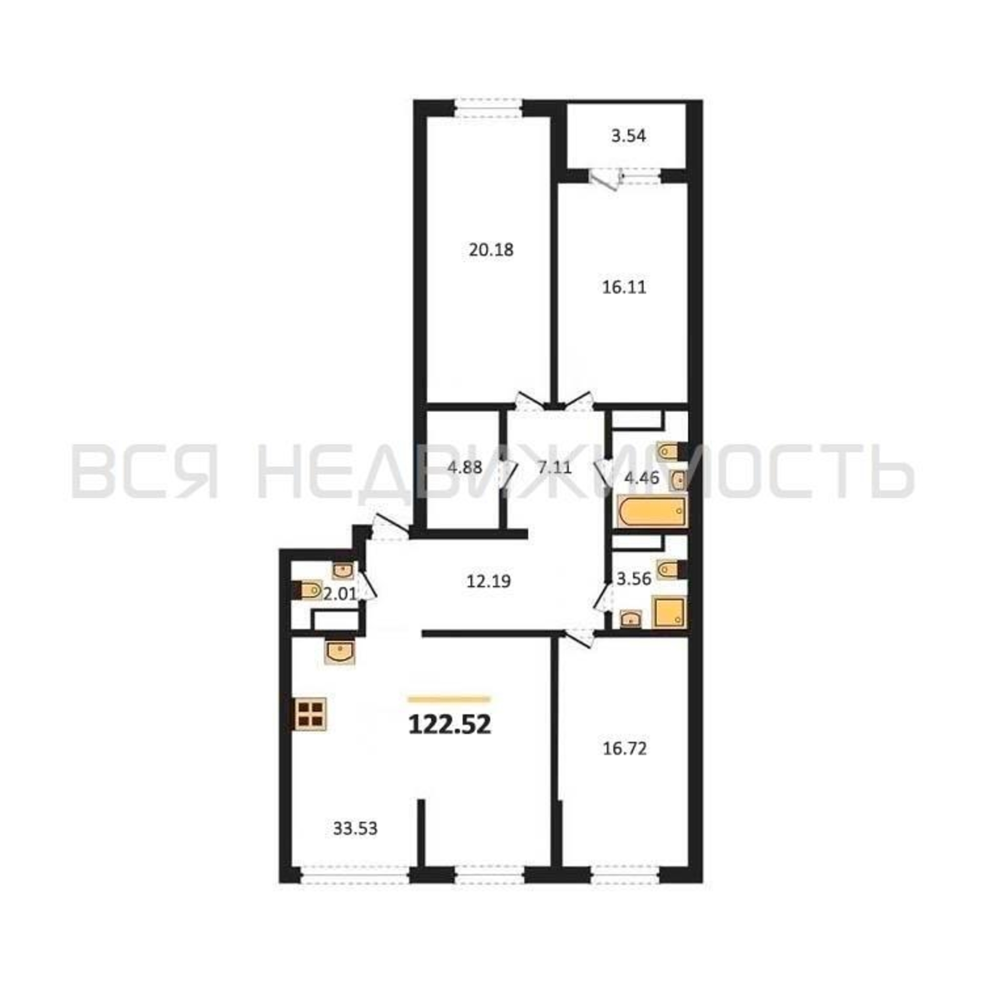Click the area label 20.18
pyautogui.click(x=491, y=250)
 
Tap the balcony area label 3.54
pyautogui.click(x=628, y=136)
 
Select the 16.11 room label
pyautogui.click(x=624, y=288)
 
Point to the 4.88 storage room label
pyautogui.click(x=464, y=466)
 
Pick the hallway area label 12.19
pyautogui.click(x=489, y=580)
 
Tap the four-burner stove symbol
pyautogui.click(x=309, y=713)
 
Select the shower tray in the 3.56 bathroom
pyautogui.click(x=669, y=612)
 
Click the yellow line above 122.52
pyautogui.click(x=449, y=699)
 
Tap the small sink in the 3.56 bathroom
pyautogui.click(x=631, y=619)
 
